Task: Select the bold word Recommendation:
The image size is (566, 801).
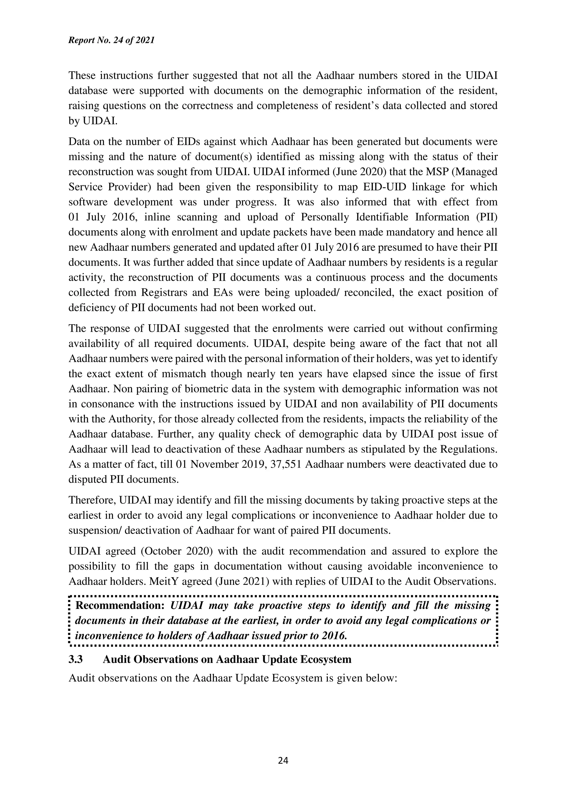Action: (120, 605)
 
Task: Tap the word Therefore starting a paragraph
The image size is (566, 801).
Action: (92, 500)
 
